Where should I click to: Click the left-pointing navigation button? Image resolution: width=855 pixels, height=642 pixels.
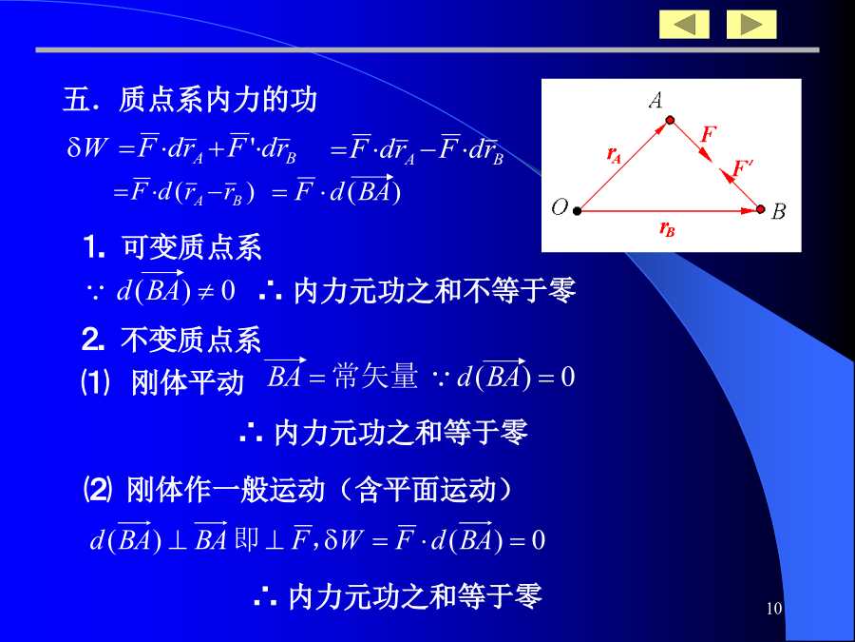(684, 25)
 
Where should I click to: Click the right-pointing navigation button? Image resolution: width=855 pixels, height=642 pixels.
(751, 25)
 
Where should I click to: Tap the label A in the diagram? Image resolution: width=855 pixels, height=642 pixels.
(655, 100)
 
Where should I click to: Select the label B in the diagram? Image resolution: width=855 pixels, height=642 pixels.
(778, 211)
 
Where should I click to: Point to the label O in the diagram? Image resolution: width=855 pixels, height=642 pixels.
(560, 207)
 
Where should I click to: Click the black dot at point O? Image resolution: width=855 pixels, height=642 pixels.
(577, 211)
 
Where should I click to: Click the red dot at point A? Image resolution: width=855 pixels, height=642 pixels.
(670, 120)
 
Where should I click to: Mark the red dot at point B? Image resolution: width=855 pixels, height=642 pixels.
(761, 209)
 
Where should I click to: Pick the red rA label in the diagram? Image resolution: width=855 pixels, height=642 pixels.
(615, 155)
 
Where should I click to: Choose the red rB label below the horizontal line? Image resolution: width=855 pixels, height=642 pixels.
(667, 228)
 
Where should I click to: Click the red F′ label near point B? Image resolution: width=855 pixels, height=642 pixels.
(742, 167)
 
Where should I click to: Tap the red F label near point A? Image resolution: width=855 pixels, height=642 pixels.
(709, 134)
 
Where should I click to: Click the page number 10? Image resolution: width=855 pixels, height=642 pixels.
(773, 608)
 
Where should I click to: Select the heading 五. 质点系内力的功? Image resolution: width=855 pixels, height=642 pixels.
(190, 100)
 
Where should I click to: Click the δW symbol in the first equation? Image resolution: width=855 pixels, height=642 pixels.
(88, 147)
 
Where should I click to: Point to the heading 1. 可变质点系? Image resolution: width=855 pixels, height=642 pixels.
(173, 247)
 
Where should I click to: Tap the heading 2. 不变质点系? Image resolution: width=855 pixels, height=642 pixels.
(172, 340)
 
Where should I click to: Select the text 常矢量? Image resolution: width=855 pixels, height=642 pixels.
(375, 376)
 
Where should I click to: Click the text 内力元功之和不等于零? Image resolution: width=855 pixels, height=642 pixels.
(434, 290)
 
